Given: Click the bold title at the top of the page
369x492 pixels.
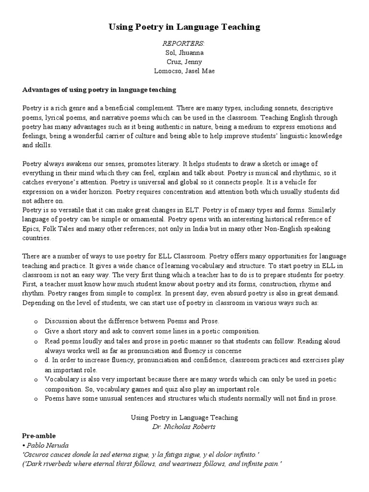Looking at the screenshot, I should (184, 27).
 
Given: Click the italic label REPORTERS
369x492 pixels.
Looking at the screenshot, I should (184, 44).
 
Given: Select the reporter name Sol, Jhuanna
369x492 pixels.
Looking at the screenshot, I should (184, 53).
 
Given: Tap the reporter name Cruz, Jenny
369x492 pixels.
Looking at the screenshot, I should (184, 62).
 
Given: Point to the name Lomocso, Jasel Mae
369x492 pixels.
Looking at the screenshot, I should (184, 71).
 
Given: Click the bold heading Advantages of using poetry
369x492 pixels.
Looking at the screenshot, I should (99, 89).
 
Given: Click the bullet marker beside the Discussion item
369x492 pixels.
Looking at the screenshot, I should (36, 321).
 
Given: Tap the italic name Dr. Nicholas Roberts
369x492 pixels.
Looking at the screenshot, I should (184, 427).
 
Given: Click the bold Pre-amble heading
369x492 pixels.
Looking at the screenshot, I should (39, 435).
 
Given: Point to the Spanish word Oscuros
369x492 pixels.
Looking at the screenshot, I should (36, 454).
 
